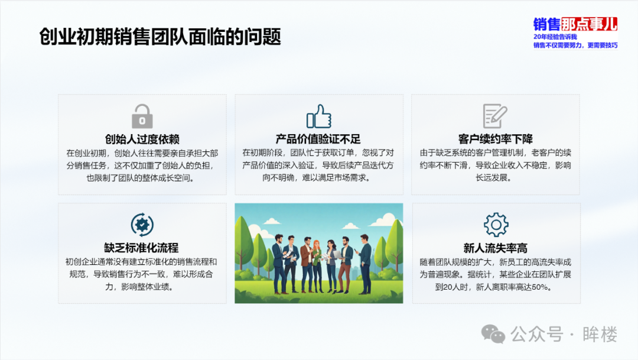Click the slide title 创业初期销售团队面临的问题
click(160, 37)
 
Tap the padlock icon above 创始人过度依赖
click(142, 116)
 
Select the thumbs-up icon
click(319, 116)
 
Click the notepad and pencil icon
click(495, 116)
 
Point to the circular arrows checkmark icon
click(142, 225)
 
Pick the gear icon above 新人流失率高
click(496, 225)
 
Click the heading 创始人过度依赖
click(142, 140)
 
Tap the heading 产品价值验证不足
click(318, 140)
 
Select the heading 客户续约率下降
click(495, 140)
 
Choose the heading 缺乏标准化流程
click(141, 248)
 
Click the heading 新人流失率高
click(495, 248)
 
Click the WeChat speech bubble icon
click(493, 335)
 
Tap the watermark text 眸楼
click(600, 335)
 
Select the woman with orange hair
click(317, 265)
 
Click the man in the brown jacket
click(307, 265)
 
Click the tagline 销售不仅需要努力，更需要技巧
click(575, 45)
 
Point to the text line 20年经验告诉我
click(555, 37)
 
